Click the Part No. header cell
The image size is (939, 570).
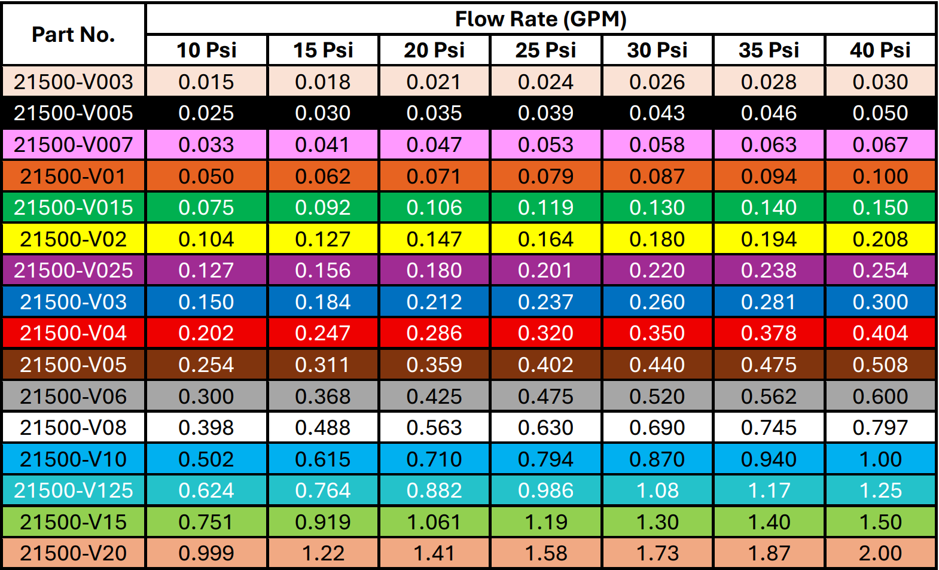click(73, 35)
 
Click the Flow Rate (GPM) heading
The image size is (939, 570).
click(541, 19)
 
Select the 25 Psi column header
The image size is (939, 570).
click(545, 50)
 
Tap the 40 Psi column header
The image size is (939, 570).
click(880, 50)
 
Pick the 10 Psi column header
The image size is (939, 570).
click(206, 50)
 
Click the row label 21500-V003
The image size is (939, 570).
click(73, 82)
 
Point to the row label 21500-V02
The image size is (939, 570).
click(73, 239)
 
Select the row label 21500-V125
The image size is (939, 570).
click(73, 490)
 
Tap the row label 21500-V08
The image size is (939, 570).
click(73, 428)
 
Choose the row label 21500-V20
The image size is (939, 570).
click(73, 553)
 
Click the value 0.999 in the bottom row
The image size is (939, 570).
click(206, 553)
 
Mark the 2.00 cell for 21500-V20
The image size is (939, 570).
click(880, 553)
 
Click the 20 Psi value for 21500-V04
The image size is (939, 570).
click(434, 333)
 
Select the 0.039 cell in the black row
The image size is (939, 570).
click(545, 113)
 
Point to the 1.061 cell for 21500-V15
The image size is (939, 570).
click(434, 522)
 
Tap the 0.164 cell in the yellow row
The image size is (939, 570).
click(545, 239)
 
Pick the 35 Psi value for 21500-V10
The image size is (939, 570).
click(769, 459)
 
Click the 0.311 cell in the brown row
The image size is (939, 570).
click(323, 365)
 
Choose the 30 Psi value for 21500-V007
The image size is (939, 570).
click(657, 145)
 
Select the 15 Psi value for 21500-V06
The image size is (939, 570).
click(323, 397)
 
